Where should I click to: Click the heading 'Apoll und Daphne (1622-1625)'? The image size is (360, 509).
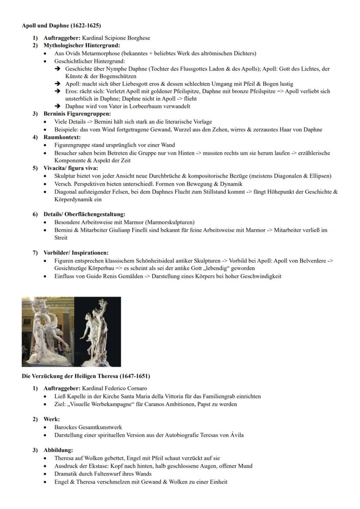pos(61,26)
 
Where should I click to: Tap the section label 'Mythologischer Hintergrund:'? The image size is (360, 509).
pos(82,45)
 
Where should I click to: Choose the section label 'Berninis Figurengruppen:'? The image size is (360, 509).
pos(77,114)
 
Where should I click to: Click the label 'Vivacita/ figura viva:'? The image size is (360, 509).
pos(70,168)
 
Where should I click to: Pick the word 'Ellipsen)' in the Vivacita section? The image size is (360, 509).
pos(320,176)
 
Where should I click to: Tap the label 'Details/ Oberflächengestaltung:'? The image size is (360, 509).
pos(84,214)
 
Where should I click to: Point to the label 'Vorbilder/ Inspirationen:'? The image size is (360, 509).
pos(76,253)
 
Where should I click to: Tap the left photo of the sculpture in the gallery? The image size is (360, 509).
pos(48,332)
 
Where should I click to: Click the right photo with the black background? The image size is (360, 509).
pos(97,332)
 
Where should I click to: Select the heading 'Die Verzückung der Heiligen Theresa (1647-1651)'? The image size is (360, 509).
pos(86,376)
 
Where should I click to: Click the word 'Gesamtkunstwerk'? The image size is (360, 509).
pos(101,427)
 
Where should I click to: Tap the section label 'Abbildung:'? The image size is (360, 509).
pos(58,450)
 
